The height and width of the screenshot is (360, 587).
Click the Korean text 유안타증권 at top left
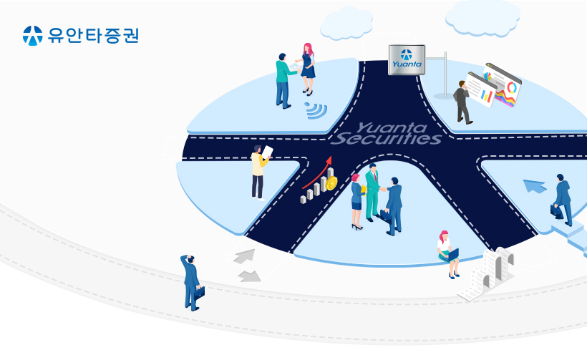tap(93, 35)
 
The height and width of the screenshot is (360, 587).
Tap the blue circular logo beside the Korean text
tap(32, 36)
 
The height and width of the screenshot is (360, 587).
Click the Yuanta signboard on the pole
tap(407, 59)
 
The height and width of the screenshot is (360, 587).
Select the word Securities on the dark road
tap(387, 139)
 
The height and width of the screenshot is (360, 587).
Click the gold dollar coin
tap(331, 183)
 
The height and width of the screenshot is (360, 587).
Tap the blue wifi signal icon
tap(316, 110)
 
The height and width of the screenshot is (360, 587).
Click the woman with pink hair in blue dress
tap(307, 69)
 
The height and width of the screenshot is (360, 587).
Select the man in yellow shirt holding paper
tap(260, 172)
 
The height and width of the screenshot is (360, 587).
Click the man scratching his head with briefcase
tap(192, 283)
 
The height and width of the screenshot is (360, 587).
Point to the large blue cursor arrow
tap(535, 186)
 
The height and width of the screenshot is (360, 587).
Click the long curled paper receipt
tap(487, 274)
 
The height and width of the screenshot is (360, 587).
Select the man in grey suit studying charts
tap(462, 102)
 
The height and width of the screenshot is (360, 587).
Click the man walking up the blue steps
tap(561, 200)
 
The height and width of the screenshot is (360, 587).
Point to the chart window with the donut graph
tap(502, 84)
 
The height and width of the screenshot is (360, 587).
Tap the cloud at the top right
tap(482, 18)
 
